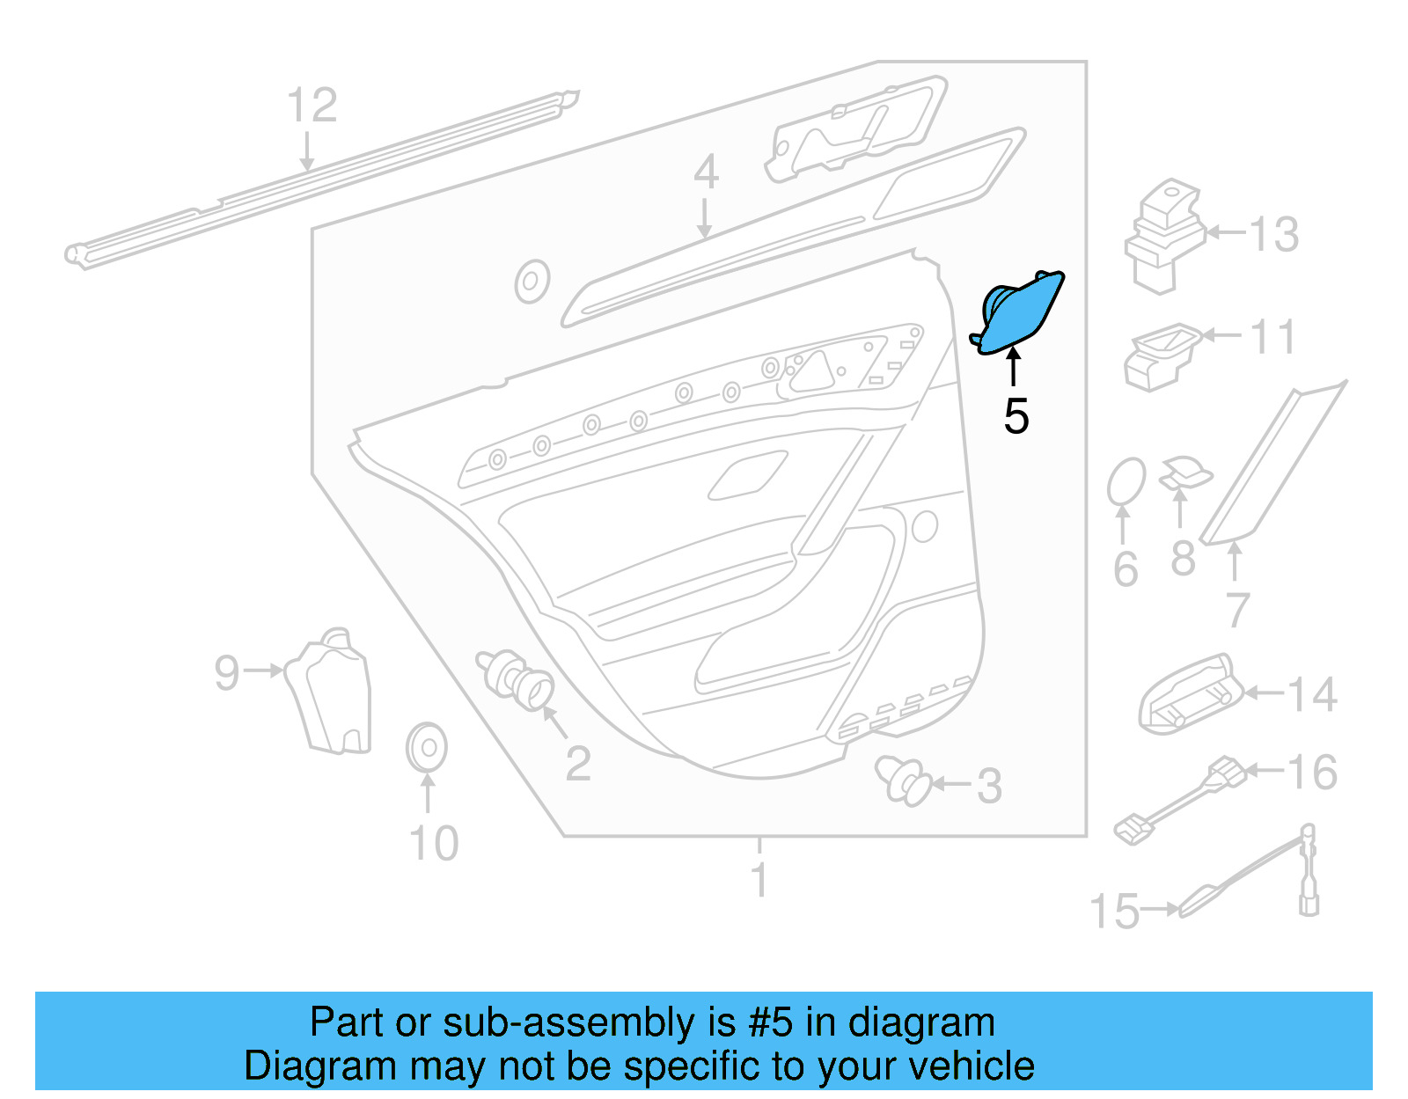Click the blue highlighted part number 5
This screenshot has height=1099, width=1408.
point(1021,312)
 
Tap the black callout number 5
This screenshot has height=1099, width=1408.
point(1016,416)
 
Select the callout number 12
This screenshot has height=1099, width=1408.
point(312,106)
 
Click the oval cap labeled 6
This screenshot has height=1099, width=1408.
point(1126,481)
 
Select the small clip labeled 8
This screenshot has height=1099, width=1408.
point(1184,473)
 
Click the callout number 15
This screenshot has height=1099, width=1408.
point(1115,912)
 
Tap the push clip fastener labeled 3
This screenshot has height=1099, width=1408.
point(904,779)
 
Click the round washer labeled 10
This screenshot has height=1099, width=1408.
point(427,748)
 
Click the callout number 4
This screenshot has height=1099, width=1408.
point(705,172)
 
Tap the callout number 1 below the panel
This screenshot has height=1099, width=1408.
point(759,879)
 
